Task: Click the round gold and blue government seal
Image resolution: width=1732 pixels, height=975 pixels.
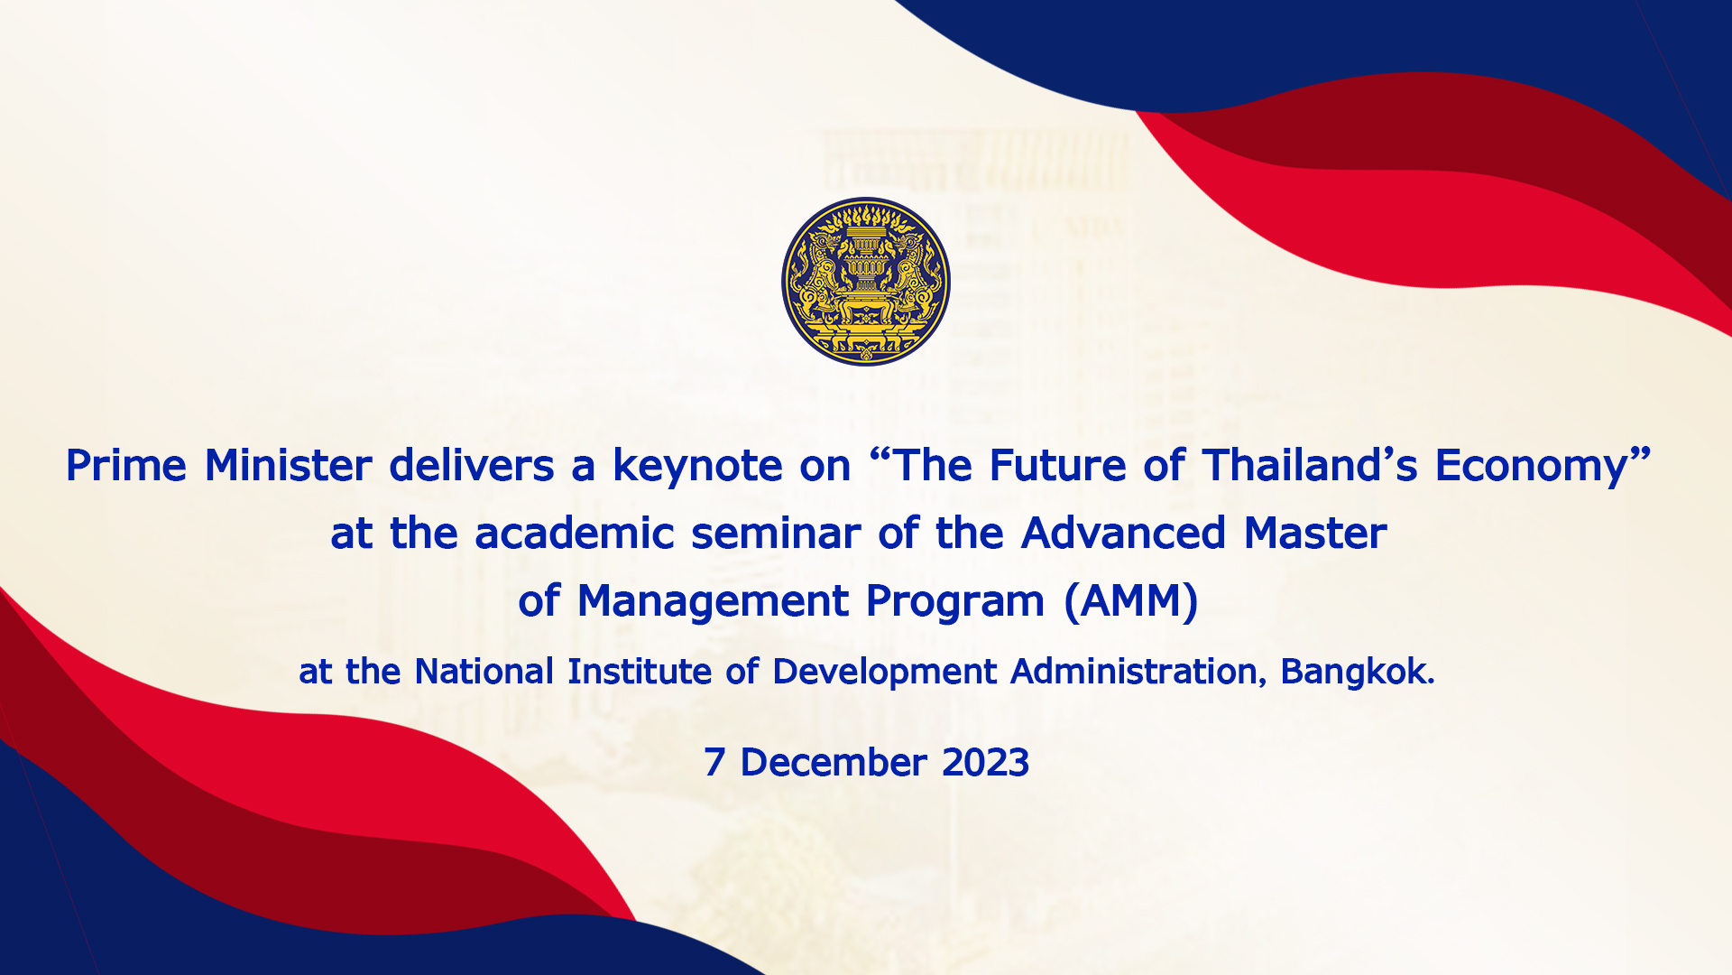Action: pos(866,282)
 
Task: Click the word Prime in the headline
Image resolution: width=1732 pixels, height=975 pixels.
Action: pos(126,466)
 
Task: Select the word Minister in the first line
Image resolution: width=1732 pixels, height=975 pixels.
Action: pos(289,466)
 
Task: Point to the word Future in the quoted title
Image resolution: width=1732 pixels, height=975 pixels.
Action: pos(1058,466)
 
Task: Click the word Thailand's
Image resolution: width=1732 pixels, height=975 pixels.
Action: pos(1309,466)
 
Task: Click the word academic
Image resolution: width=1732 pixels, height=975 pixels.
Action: pos(575,533)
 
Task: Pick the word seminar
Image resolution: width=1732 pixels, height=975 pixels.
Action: pos(776,533)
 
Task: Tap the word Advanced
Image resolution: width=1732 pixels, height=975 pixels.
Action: pos(1124,533)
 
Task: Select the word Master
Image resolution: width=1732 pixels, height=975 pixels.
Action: pos(1315,533)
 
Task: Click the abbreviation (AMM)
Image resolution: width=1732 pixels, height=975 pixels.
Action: pos(1131,602)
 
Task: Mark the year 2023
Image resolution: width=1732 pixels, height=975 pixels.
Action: pos(985,763)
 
